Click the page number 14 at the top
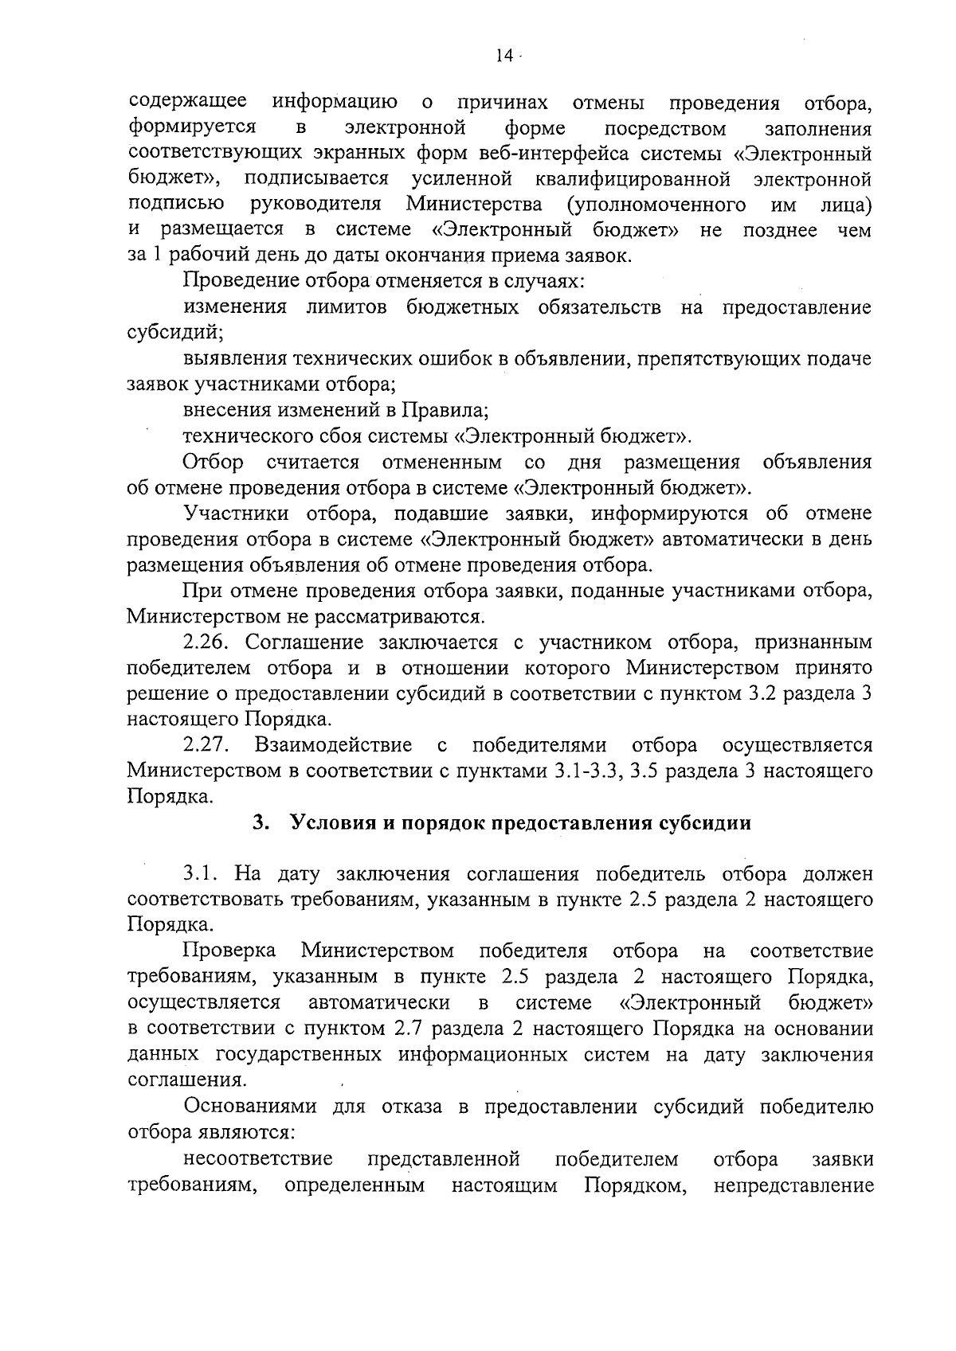(x=503, y=55)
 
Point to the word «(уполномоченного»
(x=656, y=205)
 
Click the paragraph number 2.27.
(x=206, y=745)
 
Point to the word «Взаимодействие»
(x=334, y=745)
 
